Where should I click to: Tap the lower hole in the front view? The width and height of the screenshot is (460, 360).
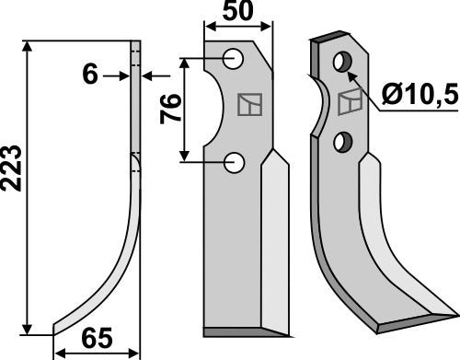tap(235, 163)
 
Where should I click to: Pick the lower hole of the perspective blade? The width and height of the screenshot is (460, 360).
tap(342, 142)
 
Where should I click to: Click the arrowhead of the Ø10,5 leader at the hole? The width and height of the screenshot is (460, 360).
tap(351, 68)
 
